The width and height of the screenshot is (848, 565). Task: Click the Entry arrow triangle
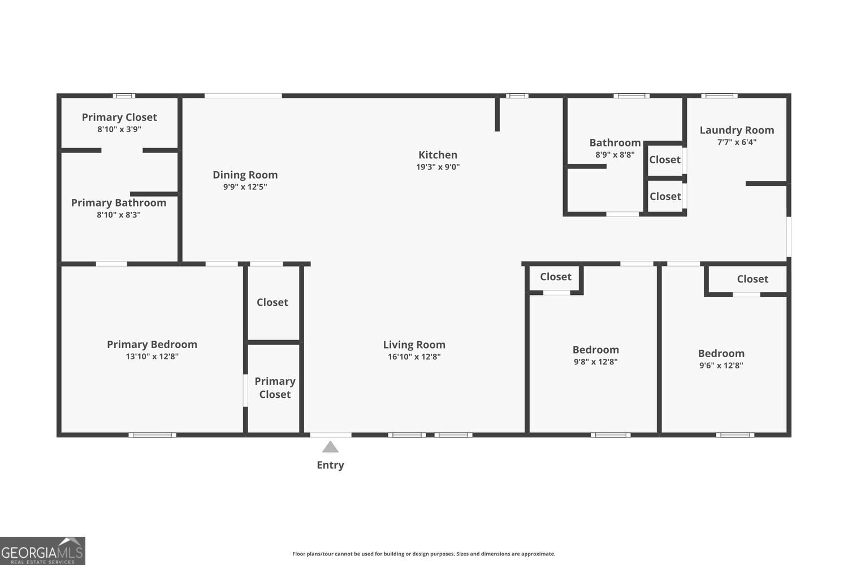tap(330, 447)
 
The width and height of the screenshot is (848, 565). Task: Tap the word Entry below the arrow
tap(330, 465)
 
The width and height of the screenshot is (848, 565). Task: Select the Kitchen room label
tap(438, 155)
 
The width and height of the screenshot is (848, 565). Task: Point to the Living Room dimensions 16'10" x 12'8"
tap(414, 357)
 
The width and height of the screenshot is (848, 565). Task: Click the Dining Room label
tap(245, 175)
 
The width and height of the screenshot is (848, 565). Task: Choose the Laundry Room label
tap(737, 130)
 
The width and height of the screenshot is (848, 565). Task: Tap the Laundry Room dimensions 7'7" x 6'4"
tap(737, 142)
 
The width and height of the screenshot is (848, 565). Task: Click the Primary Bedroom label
tap(152, 345)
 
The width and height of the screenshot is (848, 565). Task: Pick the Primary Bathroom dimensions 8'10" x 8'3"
tap(119, 215)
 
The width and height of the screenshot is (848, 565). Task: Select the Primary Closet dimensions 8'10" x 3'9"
tap(119, 129)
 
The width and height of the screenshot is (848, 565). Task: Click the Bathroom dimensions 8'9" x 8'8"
tap(615, 154)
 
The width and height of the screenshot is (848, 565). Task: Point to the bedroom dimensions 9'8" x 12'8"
tap(595, 362)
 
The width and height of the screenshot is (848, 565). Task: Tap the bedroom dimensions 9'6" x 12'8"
tap(721, 365)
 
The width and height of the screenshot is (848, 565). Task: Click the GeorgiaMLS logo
tap(42, 551)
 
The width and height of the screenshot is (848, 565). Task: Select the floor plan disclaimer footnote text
tap(423, 554)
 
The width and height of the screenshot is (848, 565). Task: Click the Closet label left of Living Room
tap(272, 302)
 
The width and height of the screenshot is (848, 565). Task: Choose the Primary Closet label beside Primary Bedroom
tap(275, 388)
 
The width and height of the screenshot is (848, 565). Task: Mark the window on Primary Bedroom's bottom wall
tap(152, 434)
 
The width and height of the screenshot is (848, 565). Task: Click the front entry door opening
tap(331, 434)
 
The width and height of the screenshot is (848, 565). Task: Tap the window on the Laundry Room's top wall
tap(719, 95)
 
